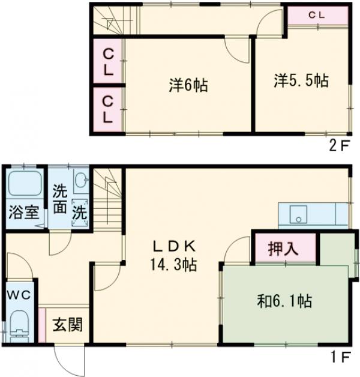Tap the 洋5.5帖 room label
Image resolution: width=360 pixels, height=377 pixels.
click(302, 81)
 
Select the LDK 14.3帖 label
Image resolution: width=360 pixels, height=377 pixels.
click(174, 256)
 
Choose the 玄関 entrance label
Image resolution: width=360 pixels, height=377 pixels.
click(67, 327)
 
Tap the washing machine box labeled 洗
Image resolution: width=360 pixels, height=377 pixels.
click(79, 213)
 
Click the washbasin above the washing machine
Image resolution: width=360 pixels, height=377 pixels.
click(82, 181)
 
